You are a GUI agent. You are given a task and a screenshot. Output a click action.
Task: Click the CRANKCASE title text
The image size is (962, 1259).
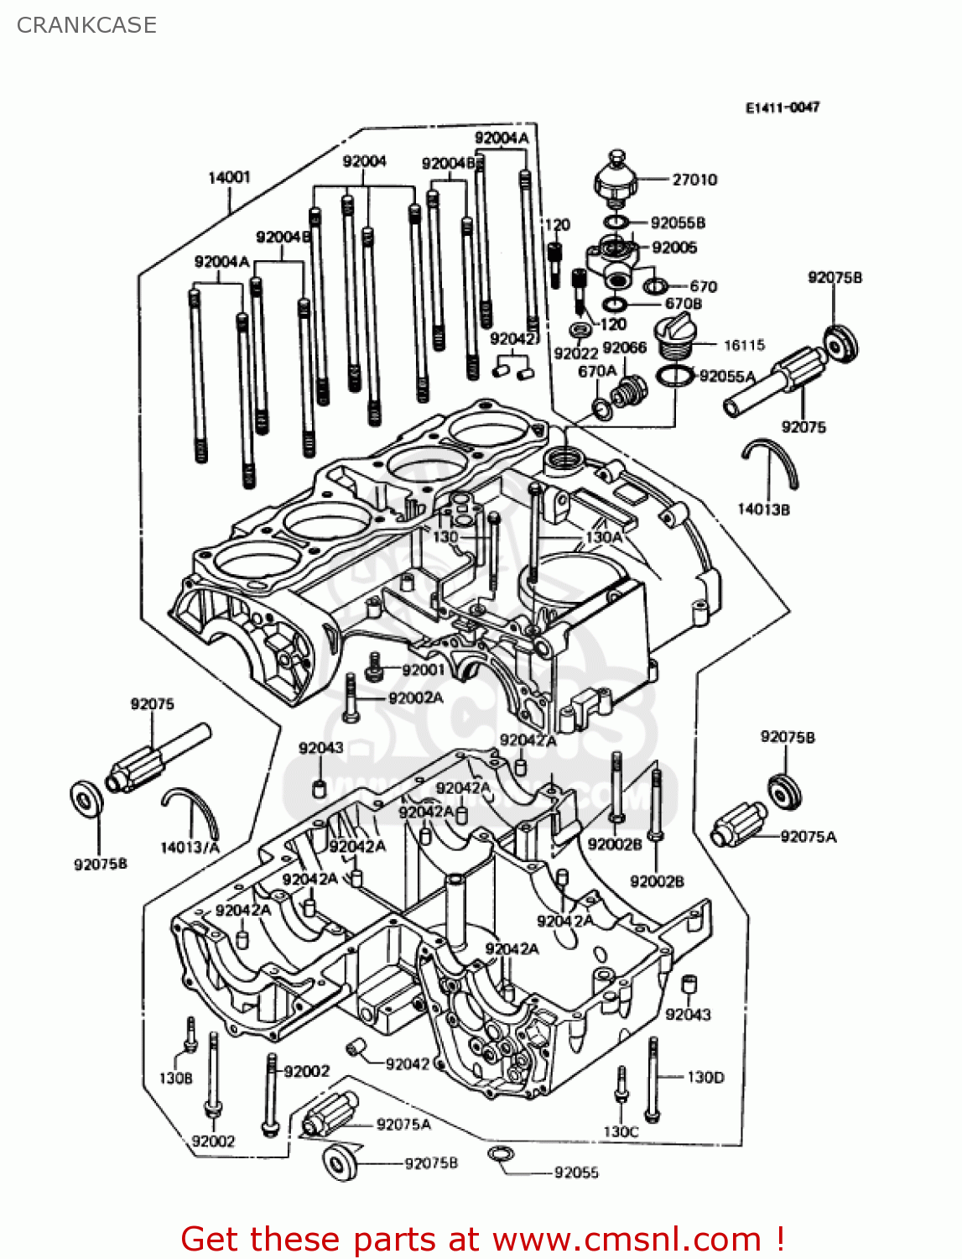(x=86, y=25)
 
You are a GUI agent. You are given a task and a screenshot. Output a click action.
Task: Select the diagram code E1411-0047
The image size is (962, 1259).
(x=782, y=107)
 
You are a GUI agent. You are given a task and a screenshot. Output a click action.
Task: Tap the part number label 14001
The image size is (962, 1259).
(x=229, y=177)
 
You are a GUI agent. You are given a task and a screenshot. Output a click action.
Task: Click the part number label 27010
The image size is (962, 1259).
(x=694, y=180)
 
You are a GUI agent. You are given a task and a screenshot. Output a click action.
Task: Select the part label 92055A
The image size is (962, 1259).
(x=727, y=376)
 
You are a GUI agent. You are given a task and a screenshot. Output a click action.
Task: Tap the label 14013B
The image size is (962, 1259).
(x=763, y=509)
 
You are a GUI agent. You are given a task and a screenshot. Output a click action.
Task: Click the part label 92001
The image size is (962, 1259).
(x=424, y=670)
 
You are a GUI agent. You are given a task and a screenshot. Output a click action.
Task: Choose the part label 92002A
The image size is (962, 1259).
(x=416, y=698)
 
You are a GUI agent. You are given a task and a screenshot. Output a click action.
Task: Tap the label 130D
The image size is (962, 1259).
(x=705, y=1077)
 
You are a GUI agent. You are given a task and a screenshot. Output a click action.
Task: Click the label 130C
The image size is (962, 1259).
(x=621, y=1131)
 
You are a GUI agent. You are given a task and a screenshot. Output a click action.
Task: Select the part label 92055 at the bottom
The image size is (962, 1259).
(x=576, y=1173)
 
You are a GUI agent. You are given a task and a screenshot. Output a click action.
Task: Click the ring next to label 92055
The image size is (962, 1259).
(x=500, y=1156)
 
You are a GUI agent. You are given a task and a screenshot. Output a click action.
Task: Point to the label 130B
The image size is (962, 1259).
(x=175, y=1078)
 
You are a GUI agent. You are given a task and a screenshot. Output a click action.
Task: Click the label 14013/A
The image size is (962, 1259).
(x=190, y=847)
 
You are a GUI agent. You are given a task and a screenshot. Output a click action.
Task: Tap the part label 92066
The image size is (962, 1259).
(x=624, y=347)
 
